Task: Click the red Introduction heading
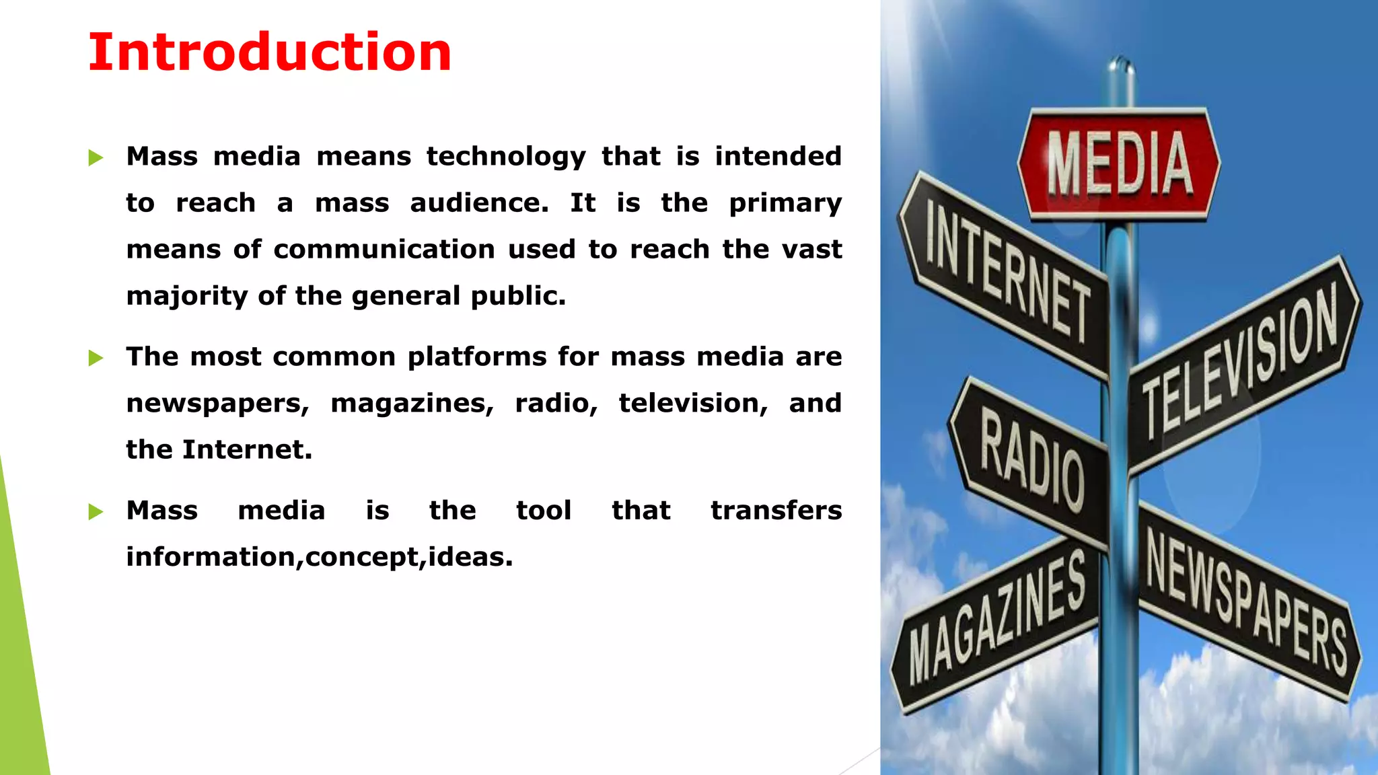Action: click(x=270, y=52)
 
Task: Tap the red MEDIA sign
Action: click(x=1119, y=163)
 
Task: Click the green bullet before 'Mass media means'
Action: click(x=96, y=158)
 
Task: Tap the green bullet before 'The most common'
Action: click(x=96, y=358)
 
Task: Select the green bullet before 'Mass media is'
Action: click(x=96, y=512)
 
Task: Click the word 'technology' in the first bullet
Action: click(x=506, y=157)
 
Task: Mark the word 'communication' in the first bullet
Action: click(x=384, y=250)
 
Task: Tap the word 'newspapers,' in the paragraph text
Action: click(x=217, y=404)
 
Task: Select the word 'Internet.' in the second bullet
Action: click(x=247, y=450)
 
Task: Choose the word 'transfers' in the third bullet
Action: click(x=776, y=511)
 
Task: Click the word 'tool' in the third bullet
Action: click(x=544, y=511)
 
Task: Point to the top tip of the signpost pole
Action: click(x=1120, y=61)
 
